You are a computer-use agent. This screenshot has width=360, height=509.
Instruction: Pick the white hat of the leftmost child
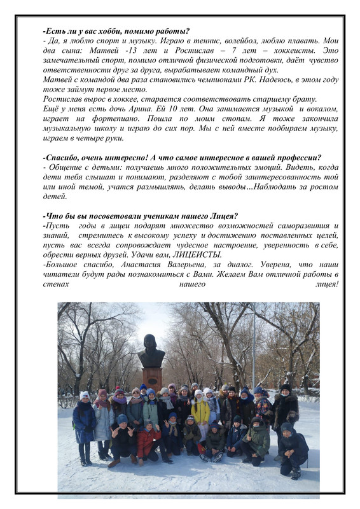(85, 395)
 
